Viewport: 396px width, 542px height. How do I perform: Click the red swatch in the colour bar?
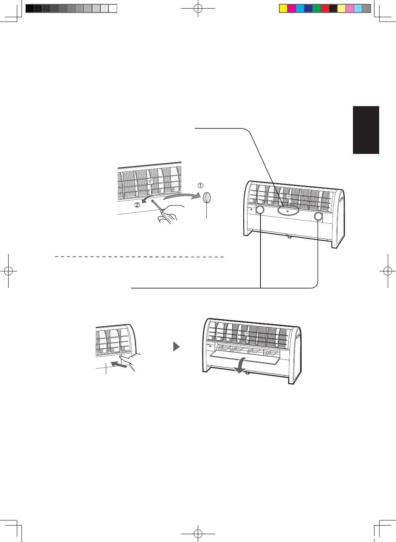click(325, 9)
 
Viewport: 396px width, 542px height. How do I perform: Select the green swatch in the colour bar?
click(316, 9)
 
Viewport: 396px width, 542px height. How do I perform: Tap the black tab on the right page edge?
click(366, 130)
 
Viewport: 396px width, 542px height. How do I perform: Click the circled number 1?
click(201, 185)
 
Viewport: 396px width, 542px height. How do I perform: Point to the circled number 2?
click(137, 204)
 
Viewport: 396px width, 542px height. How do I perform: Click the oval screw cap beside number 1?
click(208, 197)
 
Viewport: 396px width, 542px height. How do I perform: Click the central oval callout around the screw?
click(288, 211)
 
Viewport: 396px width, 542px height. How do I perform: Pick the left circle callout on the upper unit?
click(260, 211)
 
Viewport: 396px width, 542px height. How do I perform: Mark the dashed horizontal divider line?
click(139, 257)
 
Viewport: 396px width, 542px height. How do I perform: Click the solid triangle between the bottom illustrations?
click(177, 347)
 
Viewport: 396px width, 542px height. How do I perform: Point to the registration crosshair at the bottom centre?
click(198, 533)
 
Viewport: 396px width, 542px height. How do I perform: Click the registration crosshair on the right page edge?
click(387, 271)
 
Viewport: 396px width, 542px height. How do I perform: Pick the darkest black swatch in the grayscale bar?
click(29, 9)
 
